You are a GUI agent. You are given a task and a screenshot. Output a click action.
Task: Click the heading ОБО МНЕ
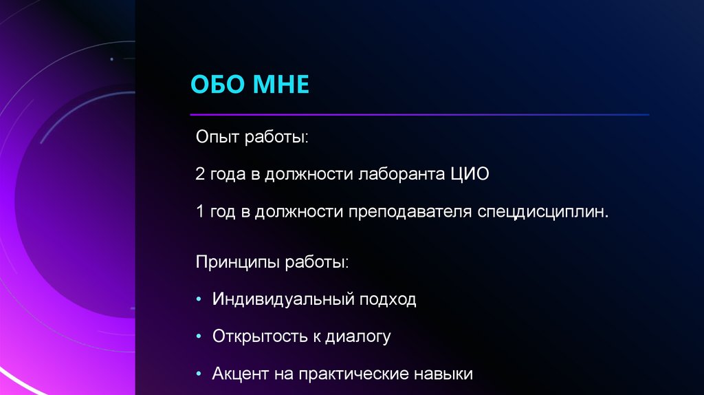[x=250, y=86]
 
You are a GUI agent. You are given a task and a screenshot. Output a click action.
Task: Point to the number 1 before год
[x=200, y=212]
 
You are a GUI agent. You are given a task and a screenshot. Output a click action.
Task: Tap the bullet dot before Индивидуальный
[x=199, y=300]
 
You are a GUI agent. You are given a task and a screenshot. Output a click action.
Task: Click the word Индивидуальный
[x=283, y=300]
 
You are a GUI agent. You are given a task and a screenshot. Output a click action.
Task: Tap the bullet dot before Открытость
[x=199, y=337]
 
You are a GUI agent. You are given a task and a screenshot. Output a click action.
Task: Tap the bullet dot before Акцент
[x=199, y=374]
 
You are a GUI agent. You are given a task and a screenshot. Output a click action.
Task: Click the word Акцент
[x=239, y=374]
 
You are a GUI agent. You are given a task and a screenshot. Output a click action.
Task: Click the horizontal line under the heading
[x=419, y=114]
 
